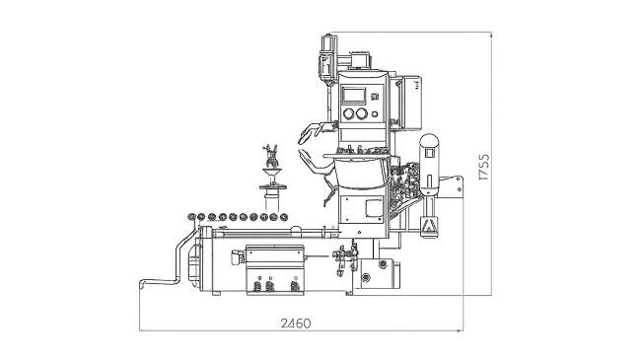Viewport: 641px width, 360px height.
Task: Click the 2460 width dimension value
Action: (x=296, y=324)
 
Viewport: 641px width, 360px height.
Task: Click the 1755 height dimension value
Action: (x=483, y=167)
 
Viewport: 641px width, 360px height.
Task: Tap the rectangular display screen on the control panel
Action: (x=354, y=95)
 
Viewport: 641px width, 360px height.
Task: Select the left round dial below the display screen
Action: (x=349, y=113)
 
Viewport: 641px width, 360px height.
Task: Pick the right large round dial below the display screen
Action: (x=362, y=113)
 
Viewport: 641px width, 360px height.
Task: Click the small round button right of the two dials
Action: (x=375, y=114)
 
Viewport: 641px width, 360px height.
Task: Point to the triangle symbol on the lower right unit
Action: (x=428, y=226)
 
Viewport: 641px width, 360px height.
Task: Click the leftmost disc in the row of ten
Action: (x=191, y=217)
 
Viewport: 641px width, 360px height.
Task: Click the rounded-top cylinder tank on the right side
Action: (x=429, y=164)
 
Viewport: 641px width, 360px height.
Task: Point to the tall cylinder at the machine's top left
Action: (x=326, y=57)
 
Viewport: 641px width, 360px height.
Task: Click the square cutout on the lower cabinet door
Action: (x=373, y=207)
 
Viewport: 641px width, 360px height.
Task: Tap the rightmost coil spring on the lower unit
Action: (x=294, y=285)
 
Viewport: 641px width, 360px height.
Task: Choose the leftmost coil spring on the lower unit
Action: (x=258, y=285)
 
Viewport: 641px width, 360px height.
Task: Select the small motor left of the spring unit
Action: (x=238, y=256)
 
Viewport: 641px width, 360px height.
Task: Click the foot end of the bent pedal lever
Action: (x=143, y=282)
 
